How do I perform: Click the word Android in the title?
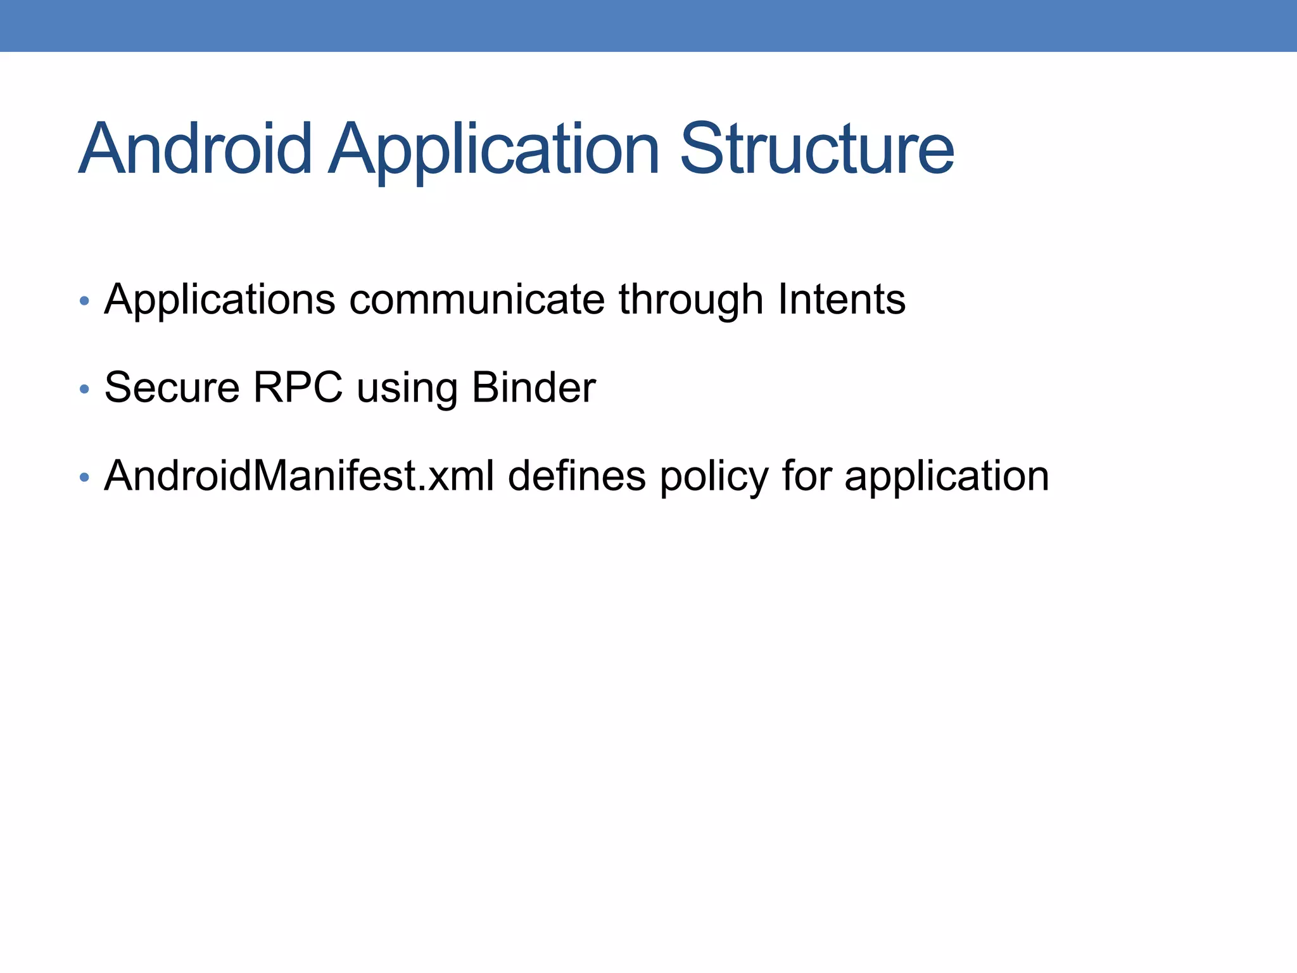click(195, 149)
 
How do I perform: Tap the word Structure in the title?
click(816, 149)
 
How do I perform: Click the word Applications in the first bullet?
click(220, 300)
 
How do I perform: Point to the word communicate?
click(477, 300)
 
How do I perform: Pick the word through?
click(691, 300)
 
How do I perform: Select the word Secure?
click(172, 387)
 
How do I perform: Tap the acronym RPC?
click(298, 387)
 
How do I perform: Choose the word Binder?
click(533, 387)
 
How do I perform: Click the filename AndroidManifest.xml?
click(299, 476)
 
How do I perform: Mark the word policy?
click(714, 477)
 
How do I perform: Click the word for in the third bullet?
click(806, 476)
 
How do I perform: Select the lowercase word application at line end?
click(946, 477)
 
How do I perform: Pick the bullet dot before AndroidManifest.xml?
click(84, 478)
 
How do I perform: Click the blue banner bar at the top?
click(648, 25)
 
